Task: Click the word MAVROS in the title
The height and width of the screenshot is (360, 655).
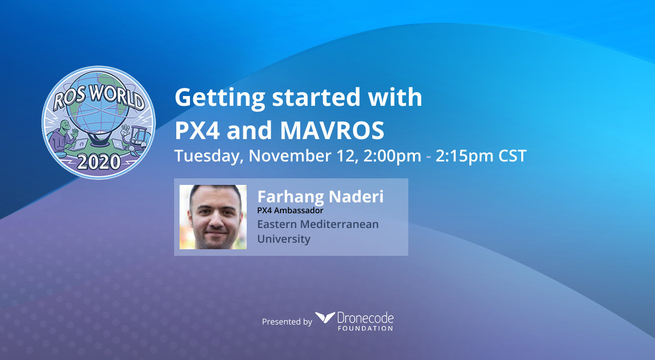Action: pos(332,130)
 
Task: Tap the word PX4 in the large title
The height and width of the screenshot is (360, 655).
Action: pos(197,130)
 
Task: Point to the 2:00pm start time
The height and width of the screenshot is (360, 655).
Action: pos(392,156)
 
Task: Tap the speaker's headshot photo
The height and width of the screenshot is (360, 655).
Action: pos(213,217)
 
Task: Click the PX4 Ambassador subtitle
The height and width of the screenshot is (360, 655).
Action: pos(290,211)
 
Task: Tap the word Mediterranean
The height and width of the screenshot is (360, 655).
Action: pos(339,224)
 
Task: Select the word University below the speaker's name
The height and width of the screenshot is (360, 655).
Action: pos(284,239)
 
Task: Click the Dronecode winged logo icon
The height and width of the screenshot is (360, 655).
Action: pos(325,317)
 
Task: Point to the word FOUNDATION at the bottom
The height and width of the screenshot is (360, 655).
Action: pos(365,328)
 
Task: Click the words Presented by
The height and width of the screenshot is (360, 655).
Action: pos(287,322)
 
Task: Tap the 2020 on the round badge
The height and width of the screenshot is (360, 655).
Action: pos(99,162)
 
